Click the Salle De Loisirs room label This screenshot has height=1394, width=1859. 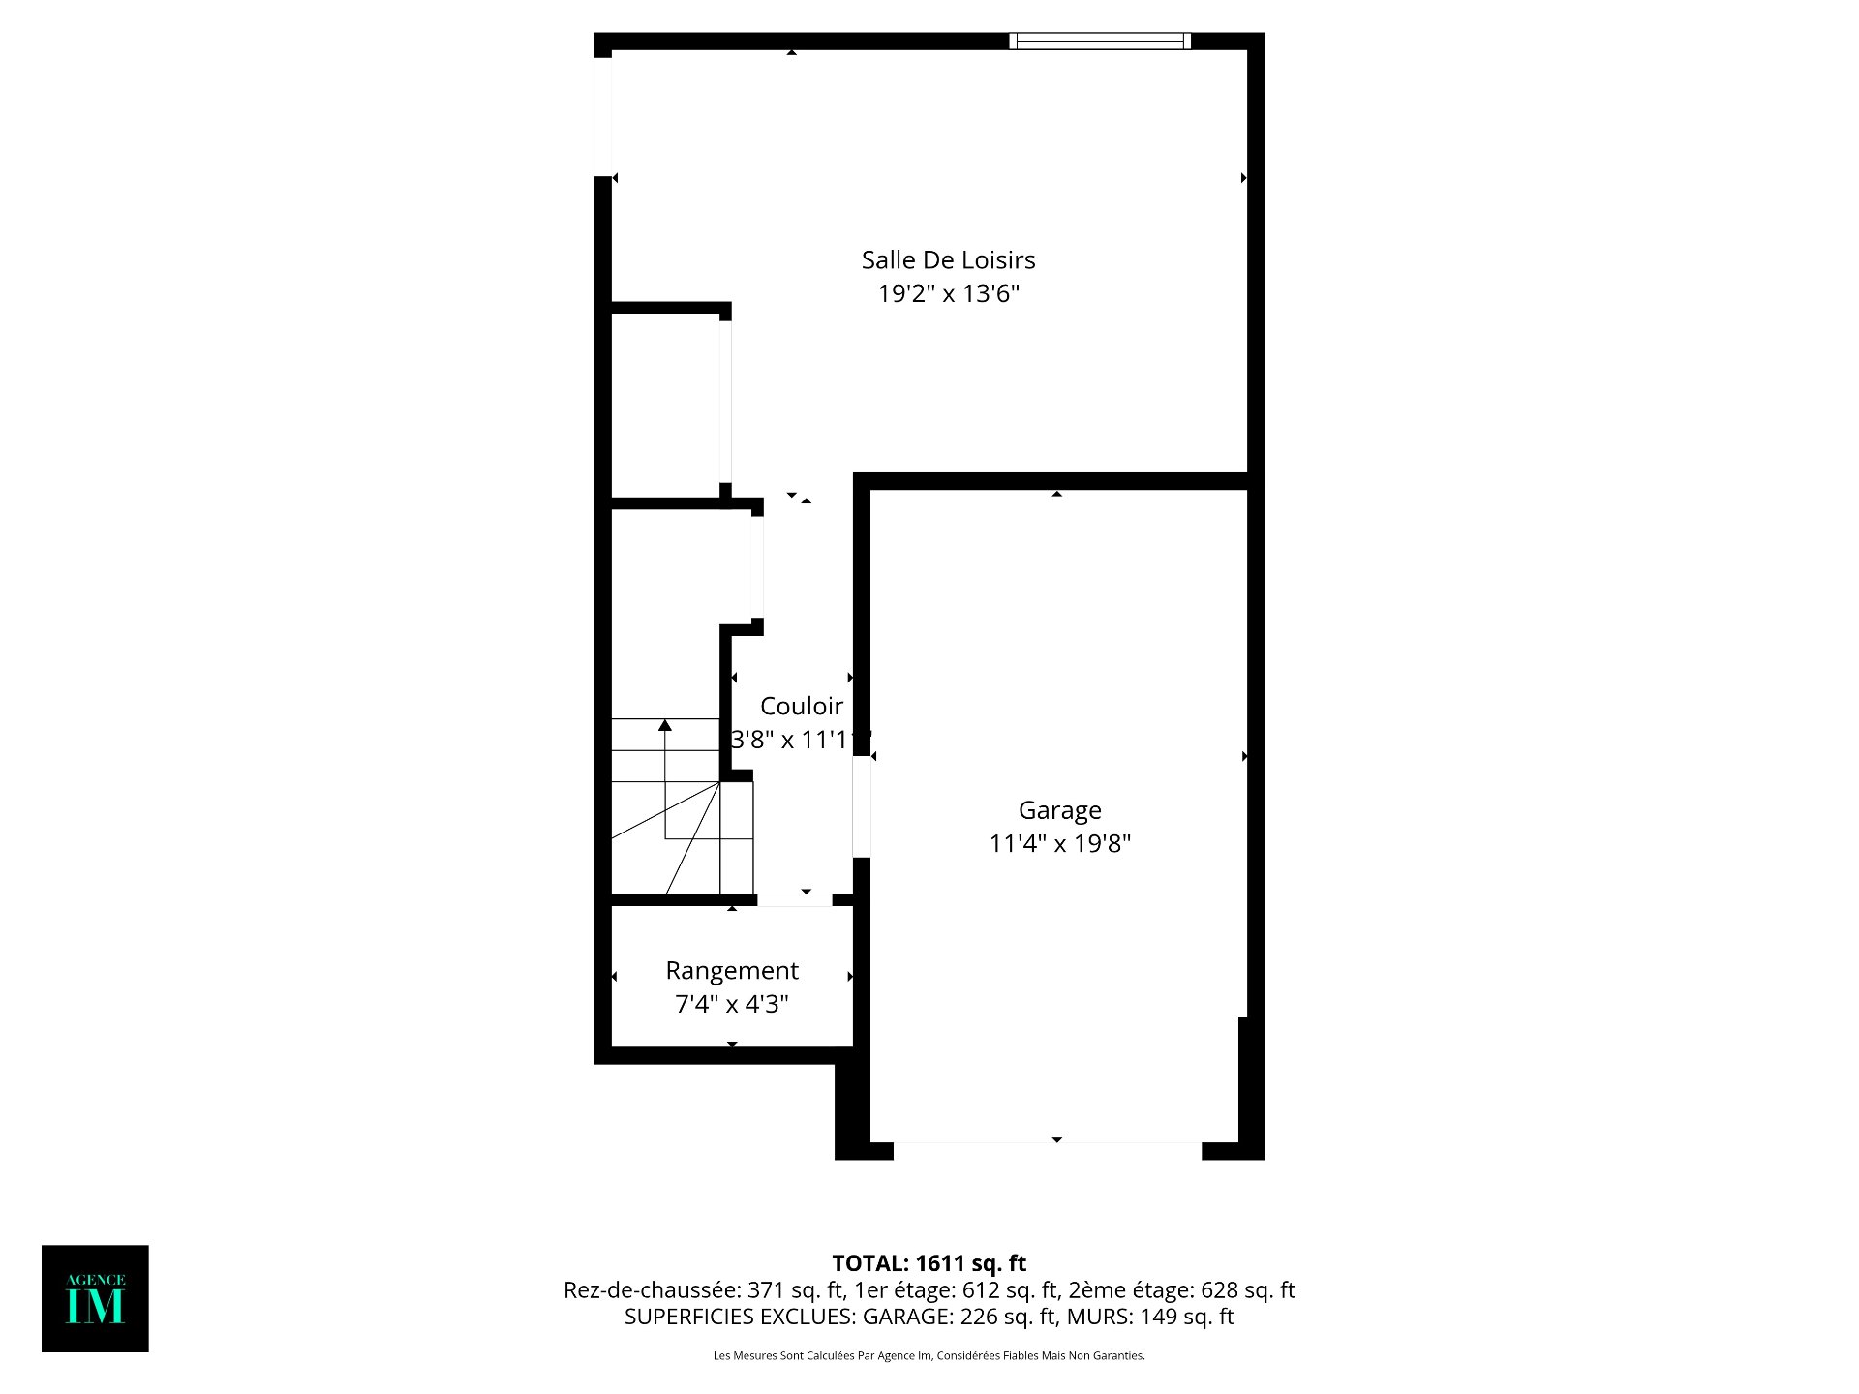point(948,259)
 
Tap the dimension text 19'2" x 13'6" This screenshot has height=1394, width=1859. point(949,293)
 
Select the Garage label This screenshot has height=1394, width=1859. point(1060,810)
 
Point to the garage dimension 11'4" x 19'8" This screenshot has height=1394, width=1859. point(1060,843)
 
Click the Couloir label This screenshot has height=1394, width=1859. point(802,706)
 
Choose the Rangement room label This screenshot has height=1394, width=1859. point(732,971)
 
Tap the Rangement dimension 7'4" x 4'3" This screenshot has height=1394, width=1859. point(732,1004)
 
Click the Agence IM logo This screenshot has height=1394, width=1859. point(95,1298)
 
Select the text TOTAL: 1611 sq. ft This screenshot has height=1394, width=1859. point(929,1263)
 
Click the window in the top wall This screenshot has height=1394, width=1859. point(1100,41)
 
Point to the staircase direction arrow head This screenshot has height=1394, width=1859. point(665,724)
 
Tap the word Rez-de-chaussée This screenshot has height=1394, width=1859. point(652,1290)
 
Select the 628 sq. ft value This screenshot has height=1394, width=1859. point(1248,1290)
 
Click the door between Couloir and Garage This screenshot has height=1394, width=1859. point(862,806)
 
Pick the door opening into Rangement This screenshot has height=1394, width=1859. point(794,900)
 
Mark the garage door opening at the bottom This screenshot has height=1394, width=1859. point(1048,1151)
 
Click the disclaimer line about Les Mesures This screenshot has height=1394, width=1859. point(929,1356)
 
